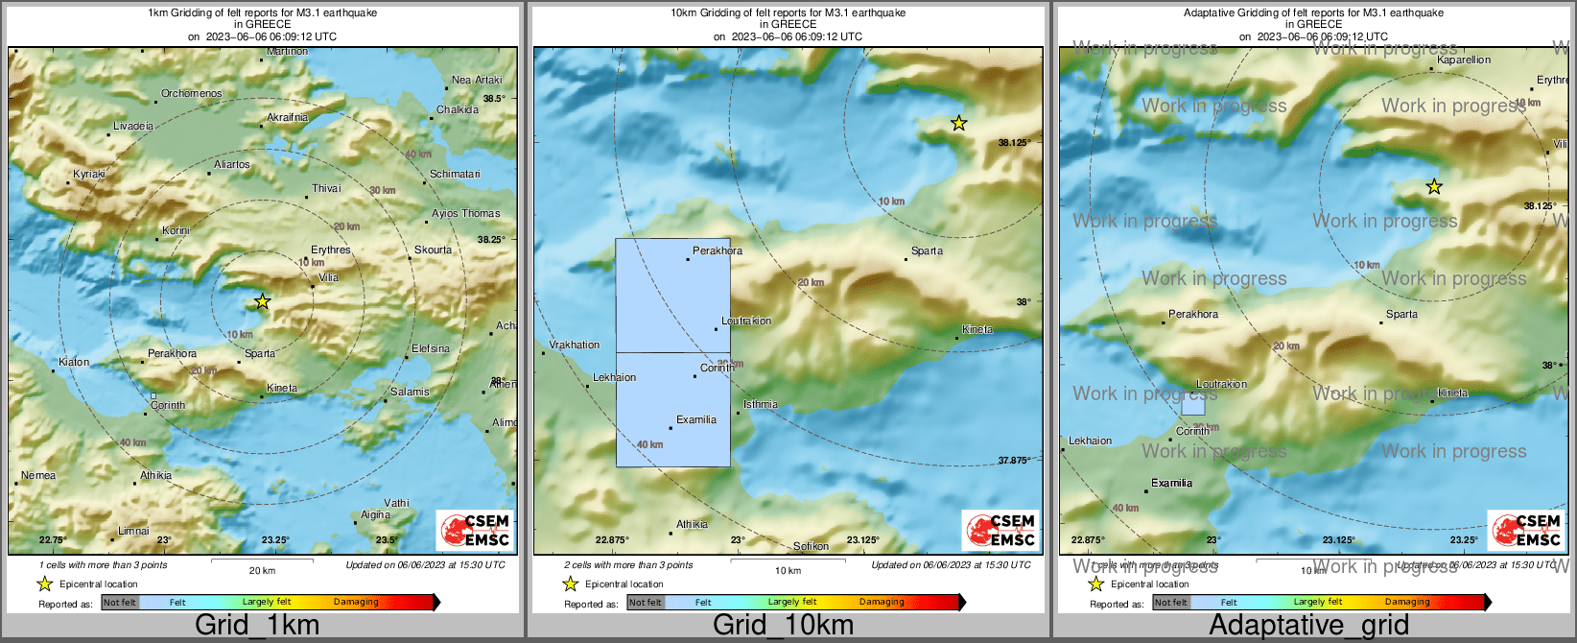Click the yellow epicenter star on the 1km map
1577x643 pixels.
pyautogui.click(x=263, y=301)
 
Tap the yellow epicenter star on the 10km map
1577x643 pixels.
pyautogui.click(x=958, y=123)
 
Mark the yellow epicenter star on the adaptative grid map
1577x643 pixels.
pyautogui.click(x=1433, y=186)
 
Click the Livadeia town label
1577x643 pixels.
pyautogui.click(x=133, y=127)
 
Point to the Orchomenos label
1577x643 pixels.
pyautogui.click(x=191, y=94)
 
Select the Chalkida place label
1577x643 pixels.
pyautogui.click(x=458, y=110)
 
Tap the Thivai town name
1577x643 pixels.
pyautogui.click(x=326, y=189)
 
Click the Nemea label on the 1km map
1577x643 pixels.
pyautogui.click(x=38, y=476)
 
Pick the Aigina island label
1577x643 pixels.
pyautogui.click(x=375, y=515)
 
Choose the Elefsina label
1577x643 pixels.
pyautogui.click(x=431, y=349)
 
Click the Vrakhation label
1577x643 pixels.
pyautogui.click(x=575, y=345)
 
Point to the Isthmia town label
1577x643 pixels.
pyautogui.click(x=761, y=405)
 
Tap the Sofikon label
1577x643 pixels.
pyautogui.click(x=811, y=547)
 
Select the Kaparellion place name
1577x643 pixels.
pyautogui.click(x=1464, y=60)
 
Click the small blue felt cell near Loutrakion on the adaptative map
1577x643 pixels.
pyautogui.click(x=1192, y=405)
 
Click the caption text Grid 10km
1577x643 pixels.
pyautogui.click(x=783, y=626)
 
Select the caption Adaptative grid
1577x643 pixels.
pyautogui.click(x=1308, y=626)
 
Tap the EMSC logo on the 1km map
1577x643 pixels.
pyautogui.click(x=475, y=531)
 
